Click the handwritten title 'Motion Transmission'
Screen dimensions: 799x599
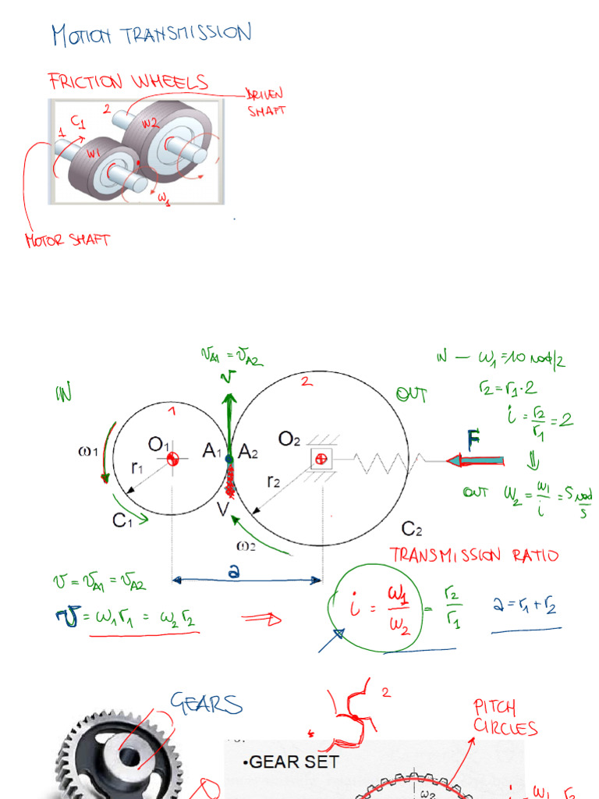tap(151, 34)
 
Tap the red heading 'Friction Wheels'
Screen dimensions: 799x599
tap(128, 81)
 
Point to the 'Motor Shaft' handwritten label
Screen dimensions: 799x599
tap(68, 240)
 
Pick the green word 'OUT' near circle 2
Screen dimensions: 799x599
tap(411, 396)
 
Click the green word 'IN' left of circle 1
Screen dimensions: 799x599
tap(63, 393)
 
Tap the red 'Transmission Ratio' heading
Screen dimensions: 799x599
tap(474, 556)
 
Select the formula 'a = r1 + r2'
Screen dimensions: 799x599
tap(527, 605)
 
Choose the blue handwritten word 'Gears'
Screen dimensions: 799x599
tap(207, 704)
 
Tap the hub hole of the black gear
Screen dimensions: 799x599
tap(126, 755)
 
